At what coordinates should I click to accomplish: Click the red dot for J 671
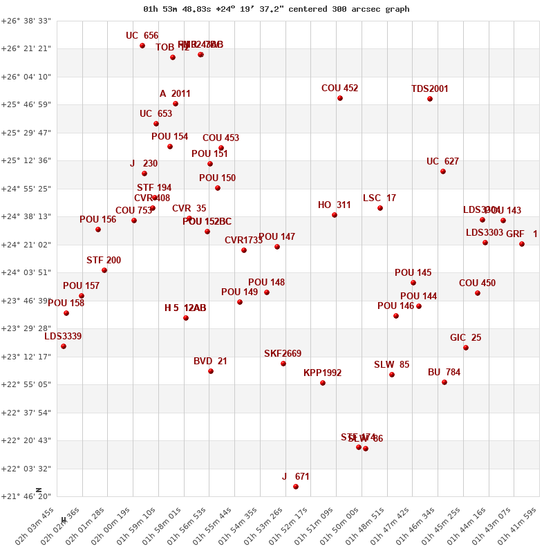pyautogui.click(x=296, y=487)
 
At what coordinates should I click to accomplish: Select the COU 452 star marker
pyautogui.click(x=340, y=98)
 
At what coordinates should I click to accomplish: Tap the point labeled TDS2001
pyautogui.click(x=430, y=99)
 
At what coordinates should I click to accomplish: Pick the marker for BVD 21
pyautogui.click(x=211, y=371)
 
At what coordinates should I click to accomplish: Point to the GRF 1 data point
pyautogui.click(x=522, y=244)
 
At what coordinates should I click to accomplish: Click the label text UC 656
pyautogui.click(x=142, y=36)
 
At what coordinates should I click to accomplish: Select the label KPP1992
pyautogui.click(x=322, y=373)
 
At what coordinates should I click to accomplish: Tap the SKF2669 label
pyautogui.click(x=283, y=354)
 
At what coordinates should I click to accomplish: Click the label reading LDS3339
pyautogui.click(x=63, y=337)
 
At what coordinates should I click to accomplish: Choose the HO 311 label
pyautogui.click(x=335, y=205)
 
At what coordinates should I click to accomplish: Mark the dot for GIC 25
pyautogui.click(x=466, y=348)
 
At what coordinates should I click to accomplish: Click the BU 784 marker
pyautogui.click(x=444, y=382)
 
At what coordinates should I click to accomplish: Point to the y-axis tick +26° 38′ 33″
pyautogui.click(x=26, y=21)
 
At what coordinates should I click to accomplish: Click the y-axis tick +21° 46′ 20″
pyautogui.click(x=26, y=496)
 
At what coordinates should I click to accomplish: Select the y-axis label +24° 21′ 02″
pyautogui.click(x=26, y=245)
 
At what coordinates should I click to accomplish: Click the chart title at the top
pyautogui.click(x=276, y=9)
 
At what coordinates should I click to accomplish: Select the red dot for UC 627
pyautogui.click(x=443, y=171)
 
